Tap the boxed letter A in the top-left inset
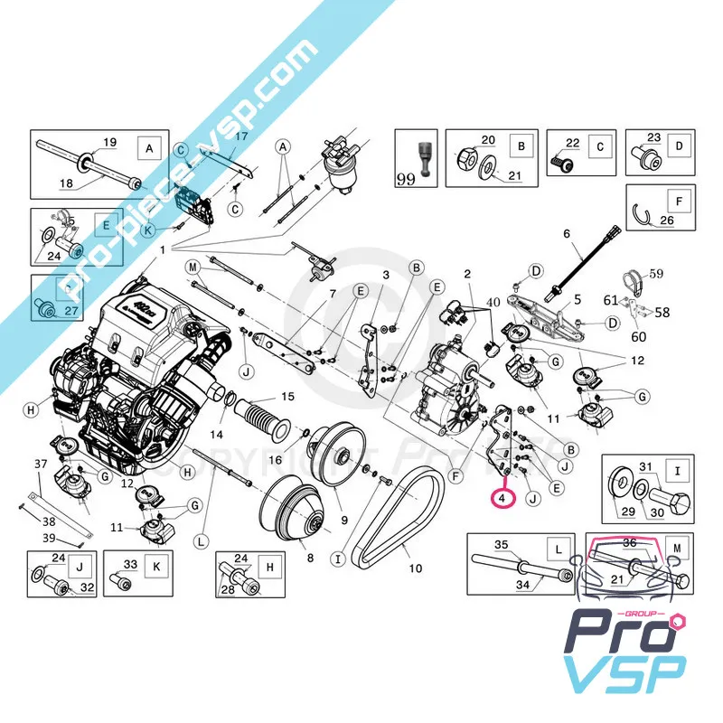coord(149,146)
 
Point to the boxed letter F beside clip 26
coord(672,199)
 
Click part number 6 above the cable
coord(567,234)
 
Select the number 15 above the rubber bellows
coord(287,397)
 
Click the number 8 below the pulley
coord(310,559)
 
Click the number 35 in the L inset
coord(501,544)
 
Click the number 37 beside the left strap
coord(40,465)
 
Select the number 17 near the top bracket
coord(241,137)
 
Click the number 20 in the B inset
coord(488,140)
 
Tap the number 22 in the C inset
coord(571,143)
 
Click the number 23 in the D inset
coord(654,137)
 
